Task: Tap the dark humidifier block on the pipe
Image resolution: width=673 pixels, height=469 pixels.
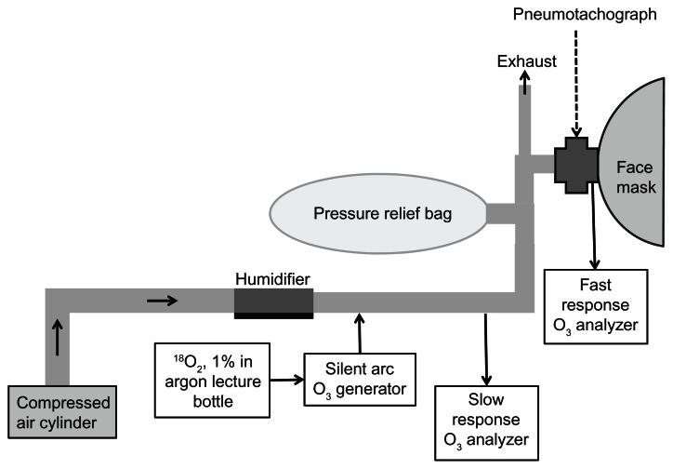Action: click(273, 302)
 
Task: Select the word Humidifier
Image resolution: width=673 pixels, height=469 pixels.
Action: click(271, 277)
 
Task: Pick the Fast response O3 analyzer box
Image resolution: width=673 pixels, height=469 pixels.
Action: click(596, 302)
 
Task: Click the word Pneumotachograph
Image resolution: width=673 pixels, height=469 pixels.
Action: click(578, 17)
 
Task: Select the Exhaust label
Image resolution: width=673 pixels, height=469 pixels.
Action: click(525, 61)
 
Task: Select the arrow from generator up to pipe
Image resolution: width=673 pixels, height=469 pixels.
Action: click(357, 331)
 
